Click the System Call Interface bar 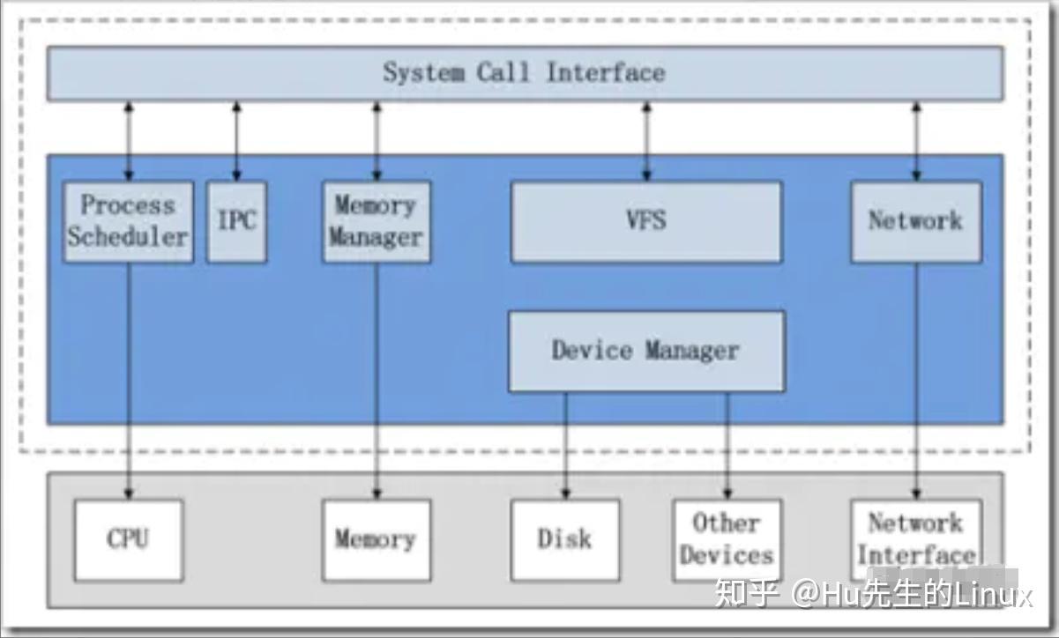[x=525, y=73]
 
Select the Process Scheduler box [x=128, y=222]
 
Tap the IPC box [x=236, y=222]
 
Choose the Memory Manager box [x=377, y=222]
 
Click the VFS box [x=646, y=222]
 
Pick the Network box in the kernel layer [x=915, y=222]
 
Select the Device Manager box [x=646, y=351]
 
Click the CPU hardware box [x=128, y=540]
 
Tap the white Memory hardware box [x=377, y=540]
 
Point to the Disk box [x=565, y=540]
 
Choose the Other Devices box [x=727, y=540]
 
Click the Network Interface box [x=915, y=540]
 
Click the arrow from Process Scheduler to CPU [x=129, y=379]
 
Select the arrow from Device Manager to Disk [x=566, y=445]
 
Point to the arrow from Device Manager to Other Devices [x=727, y=445]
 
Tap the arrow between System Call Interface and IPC [x=236, y=141]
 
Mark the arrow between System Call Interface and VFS [x=647, y=141]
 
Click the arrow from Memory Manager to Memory [x=377, y=379]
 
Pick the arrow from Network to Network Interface [x=916, y=379]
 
